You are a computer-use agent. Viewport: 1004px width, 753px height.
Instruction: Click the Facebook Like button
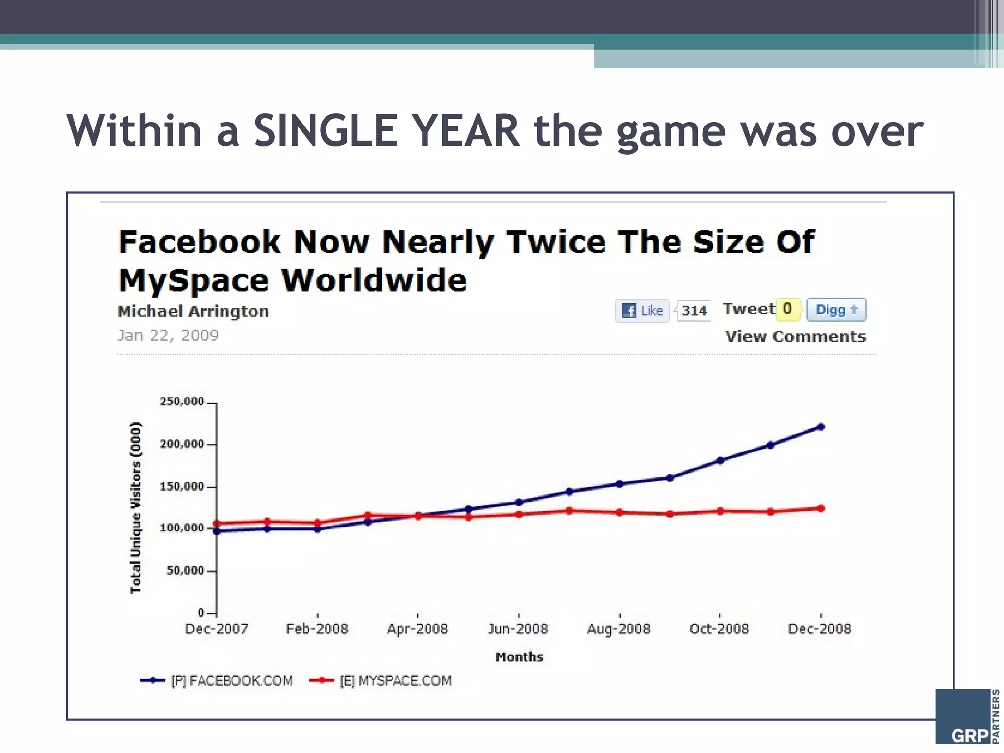642,310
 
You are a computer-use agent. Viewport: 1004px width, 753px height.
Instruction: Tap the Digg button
836,310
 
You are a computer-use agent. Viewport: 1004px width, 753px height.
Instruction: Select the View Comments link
795,337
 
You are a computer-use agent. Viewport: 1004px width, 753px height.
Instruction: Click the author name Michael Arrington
193,311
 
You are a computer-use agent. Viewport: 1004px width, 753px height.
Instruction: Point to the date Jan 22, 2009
168,336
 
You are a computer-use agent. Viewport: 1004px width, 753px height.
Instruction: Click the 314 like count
694,311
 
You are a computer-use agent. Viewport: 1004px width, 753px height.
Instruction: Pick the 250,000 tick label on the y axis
182,402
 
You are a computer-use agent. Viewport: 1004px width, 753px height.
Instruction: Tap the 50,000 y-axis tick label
185,571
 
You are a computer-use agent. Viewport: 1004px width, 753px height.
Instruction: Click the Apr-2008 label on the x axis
417,629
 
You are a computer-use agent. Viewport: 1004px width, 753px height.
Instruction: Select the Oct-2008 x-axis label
719,629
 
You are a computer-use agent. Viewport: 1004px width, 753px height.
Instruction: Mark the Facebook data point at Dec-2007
217,531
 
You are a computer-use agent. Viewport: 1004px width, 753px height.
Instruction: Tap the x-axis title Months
519,657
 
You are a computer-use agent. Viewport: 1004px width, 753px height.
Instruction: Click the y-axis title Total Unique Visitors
136,507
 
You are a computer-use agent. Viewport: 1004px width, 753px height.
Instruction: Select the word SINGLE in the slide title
325,131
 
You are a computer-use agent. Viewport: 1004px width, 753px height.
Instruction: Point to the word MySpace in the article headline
194,281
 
